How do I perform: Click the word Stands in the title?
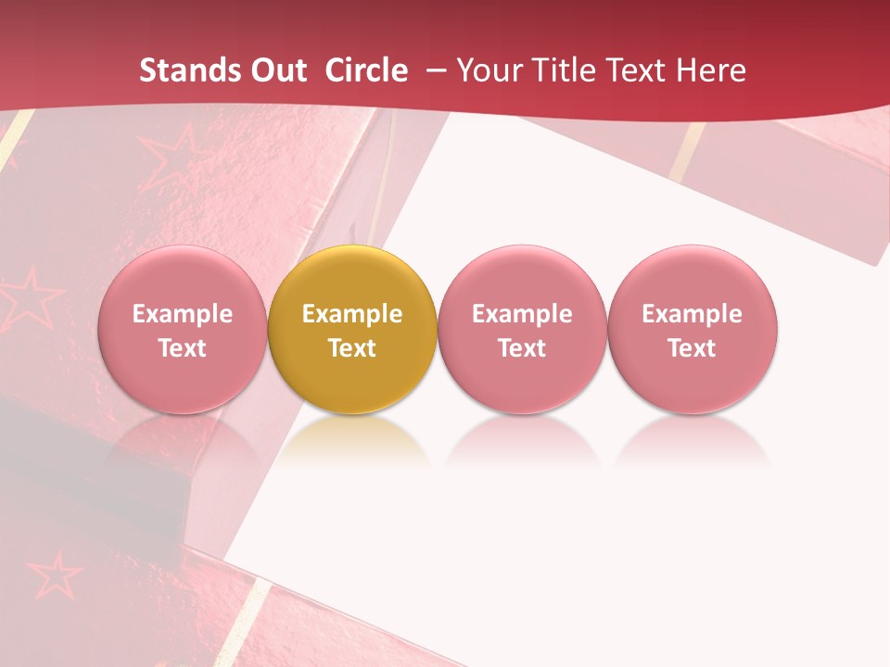tap(189, 70)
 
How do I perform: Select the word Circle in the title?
tap(366, 70)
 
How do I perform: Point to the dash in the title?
tap(433, 70)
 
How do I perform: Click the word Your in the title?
tap(489, 70)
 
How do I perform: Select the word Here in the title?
tap(709, 70)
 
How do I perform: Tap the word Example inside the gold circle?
tap(352, 314)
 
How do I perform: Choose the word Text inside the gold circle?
tap(352, 348)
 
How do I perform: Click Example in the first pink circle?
tap(183, 314)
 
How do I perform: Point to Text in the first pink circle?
tap(183, 348)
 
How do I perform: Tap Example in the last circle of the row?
tap(693, 314)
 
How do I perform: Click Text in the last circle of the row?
tap(693, 348)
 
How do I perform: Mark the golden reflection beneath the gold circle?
tap(352, 440)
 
